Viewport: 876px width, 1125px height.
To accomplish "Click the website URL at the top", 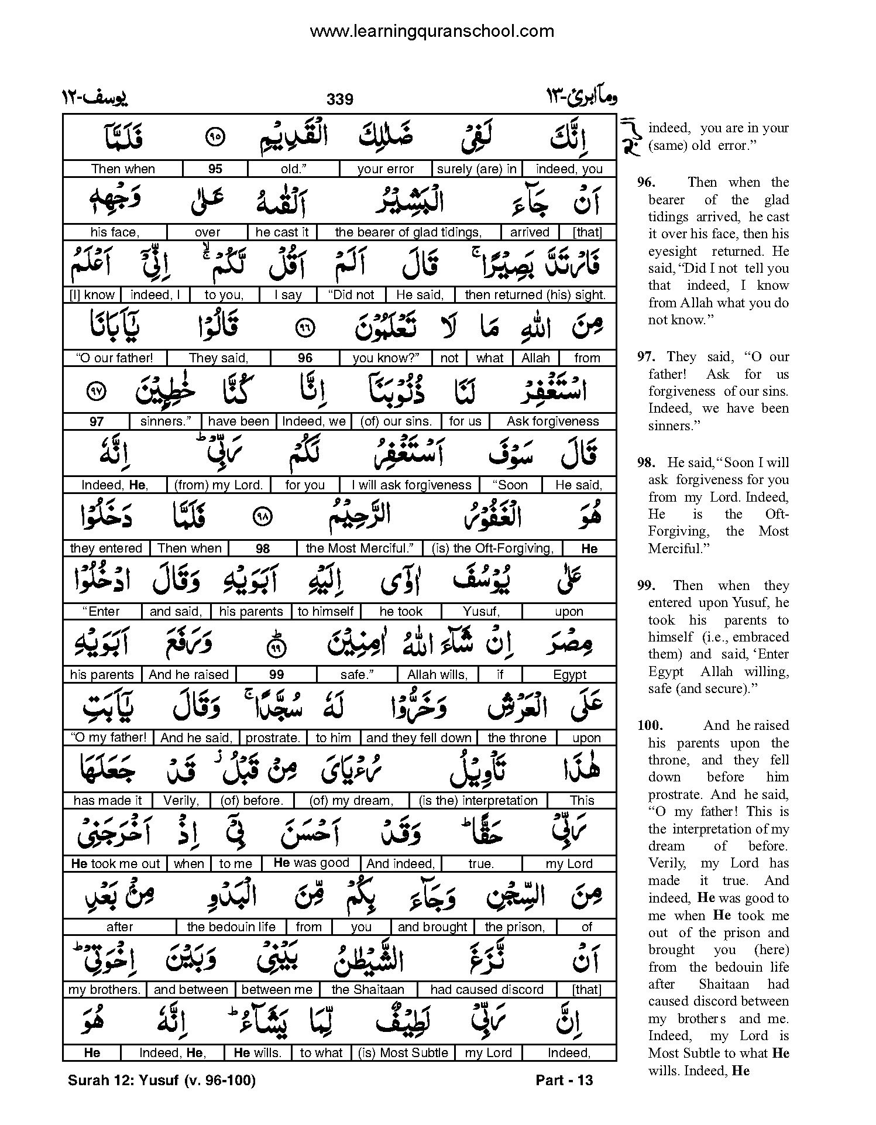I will [431, 31].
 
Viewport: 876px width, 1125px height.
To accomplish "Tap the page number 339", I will [340, 99].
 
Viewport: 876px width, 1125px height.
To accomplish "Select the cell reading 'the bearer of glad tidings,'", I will [408, 232].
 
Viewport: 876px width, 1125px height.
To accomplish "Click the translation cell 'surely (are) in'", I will [477, 169].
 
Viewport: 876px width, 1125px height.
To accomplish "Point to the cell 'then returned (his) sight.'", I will [535, 295].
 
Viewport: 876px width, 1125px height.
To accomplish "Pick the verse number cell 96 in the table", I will [305, 358].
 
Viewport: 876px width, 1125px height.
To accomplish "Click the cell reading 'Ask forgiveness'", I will [552, 421].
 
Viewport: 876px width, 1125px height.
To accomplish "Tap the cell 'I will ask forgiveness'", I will [411, 485].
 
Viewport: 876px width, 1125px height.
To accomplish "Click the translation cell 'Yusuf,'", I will [481, 612].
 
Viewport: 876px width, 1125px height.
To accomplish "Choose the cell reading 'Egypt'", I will [569, 675].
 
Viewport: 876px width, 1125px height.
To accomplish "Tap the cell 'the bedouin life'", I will [231, 927].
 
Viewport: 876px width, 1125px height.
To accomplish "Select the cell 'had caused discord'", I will [486, 990].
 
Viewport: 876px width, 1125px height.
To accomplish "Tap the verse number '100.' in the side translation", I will [650, 726].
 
